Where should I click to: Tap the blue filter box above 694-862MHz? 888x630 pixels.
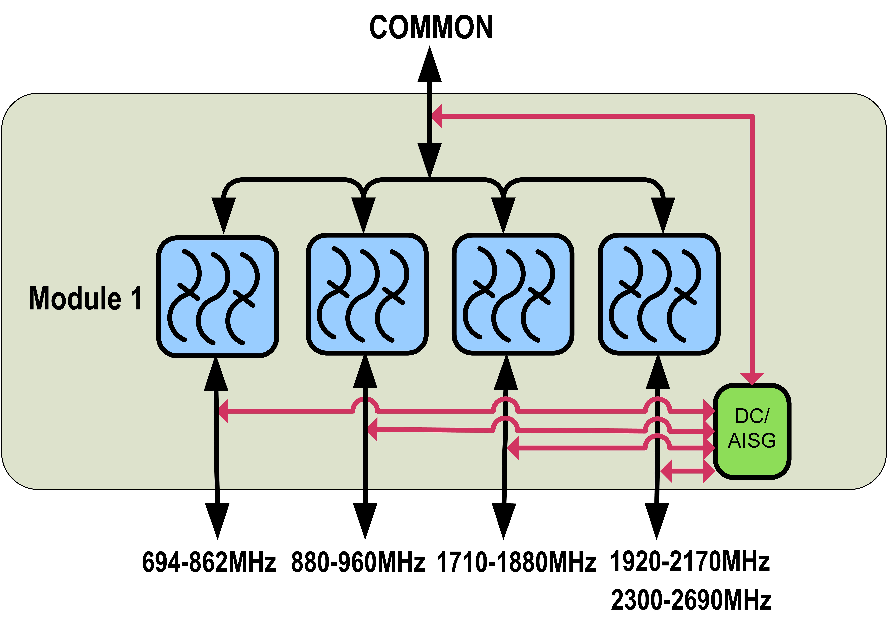[x=218, y=297]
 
